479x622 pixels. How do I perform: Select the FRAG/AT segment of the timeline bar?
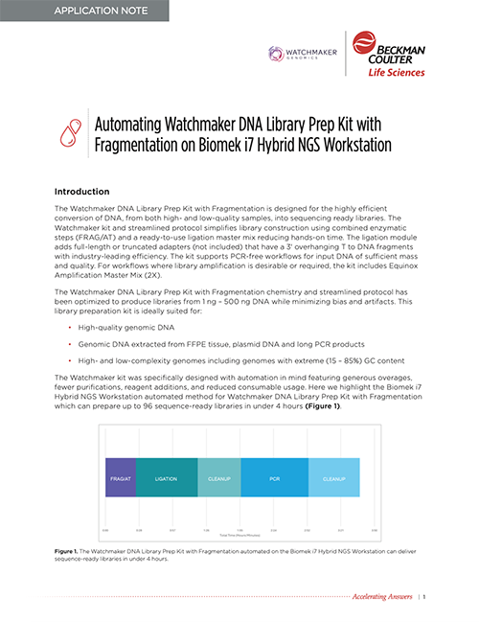pyautogui.click(x=120, y=476)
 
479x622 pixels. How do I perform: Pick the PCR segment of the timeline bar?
pyautogui.click(x=274, y=476)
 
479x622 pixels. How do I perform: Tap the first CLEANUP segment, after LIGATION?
pyautogui.click(x=219, y=476)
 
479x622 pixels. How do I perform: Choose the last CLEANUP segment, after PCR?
pyautogui.click(x=333, y=476)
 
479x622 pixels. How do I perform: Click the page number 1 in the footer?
pyautogui.click(x=423, y=597)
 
